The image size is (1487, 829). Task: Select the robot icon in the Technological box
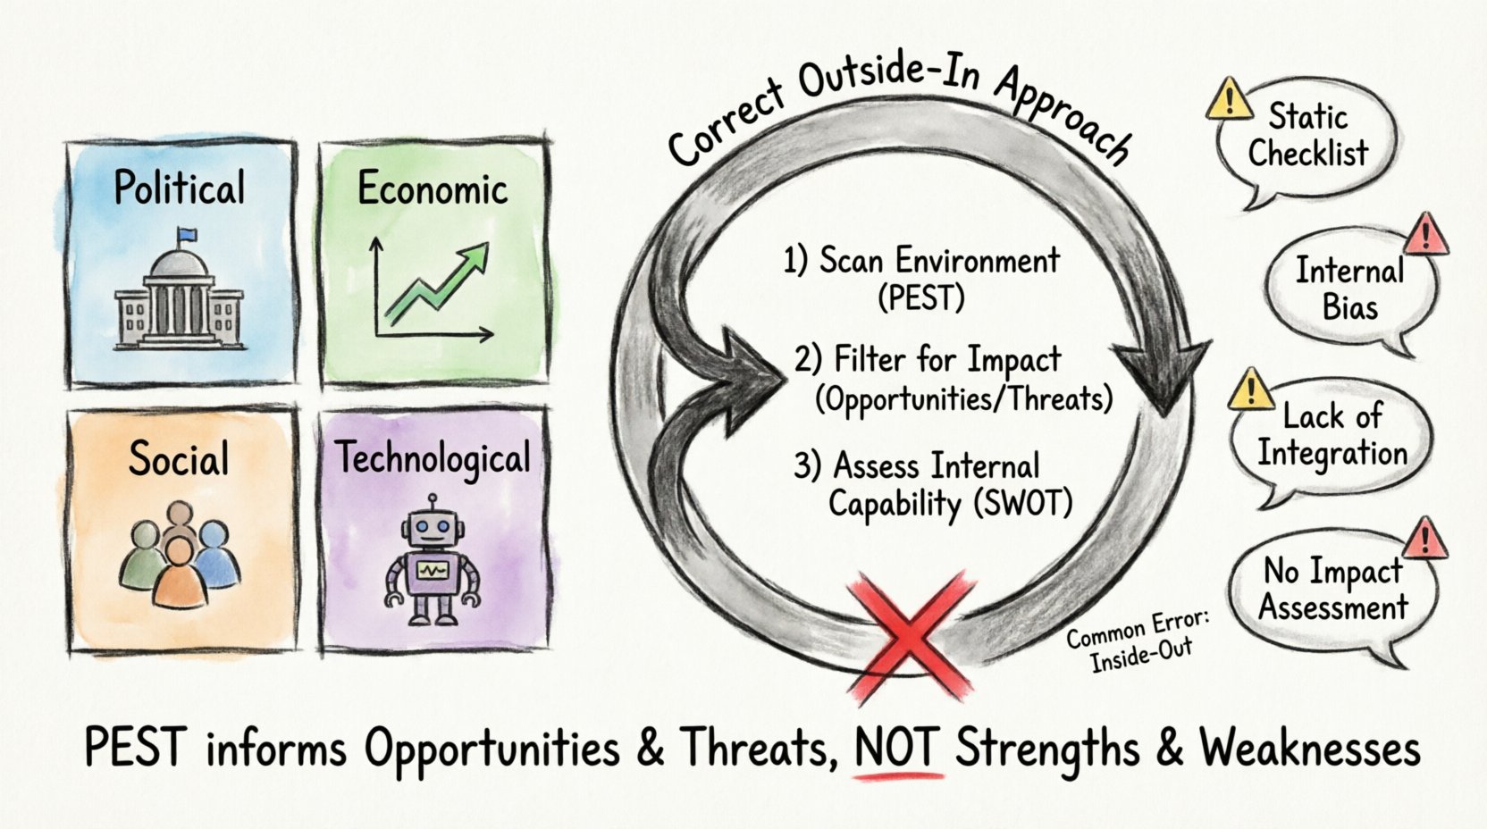(x=433, y=563)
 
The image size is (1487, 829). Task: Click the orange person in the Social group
(x=180, y=574)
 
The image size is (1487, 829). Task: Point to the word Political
(x=180, y=188)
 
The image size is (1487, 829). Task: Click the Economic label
(x=433, y=188)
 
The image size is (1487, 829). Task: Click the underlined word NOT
(x=898, y=748)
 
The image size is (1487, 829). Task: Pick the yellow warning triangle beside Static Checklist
(x=1229, y=100)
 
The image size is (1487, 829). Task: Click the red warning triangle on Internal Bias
(x=1425, y=234)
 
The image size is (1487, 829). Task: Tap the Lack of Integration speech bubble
(x=1331, y=436)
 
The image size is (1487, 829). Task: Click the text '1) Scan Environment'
(x=921, y=260)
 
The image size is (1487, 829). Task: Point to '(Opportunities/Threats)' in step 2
(x=963, y=398)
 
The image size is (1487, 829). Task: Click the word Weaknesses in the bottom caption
(x=1309, y=748)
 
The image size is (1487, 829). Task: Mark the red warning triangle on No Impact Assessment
(x=1425, y=539)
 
